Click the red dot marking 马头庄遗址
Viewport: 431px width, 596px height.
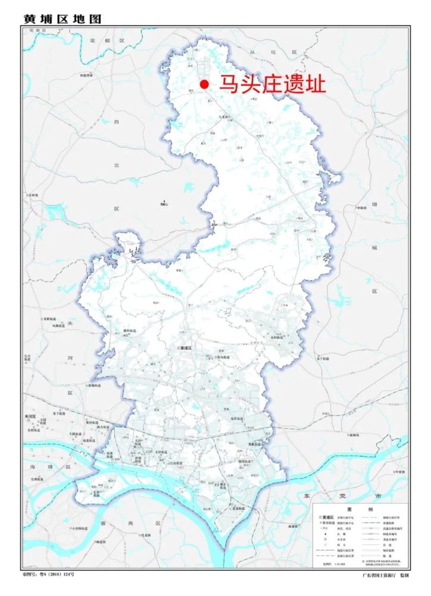click(204, 85)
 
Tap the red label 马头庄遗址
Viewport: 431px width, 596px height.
click(273, 84)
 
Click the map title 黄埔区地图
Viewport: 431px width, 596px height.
click(62, 18)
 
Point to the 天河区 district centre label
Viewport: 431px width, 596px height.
click(29, 416)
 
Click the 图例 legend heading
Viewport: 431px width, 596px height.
click(361, 510)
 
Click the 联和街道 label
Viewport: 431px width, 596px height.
click(129, 331)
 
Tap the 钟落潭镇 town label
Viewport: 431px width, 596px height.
click(87, 76)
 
